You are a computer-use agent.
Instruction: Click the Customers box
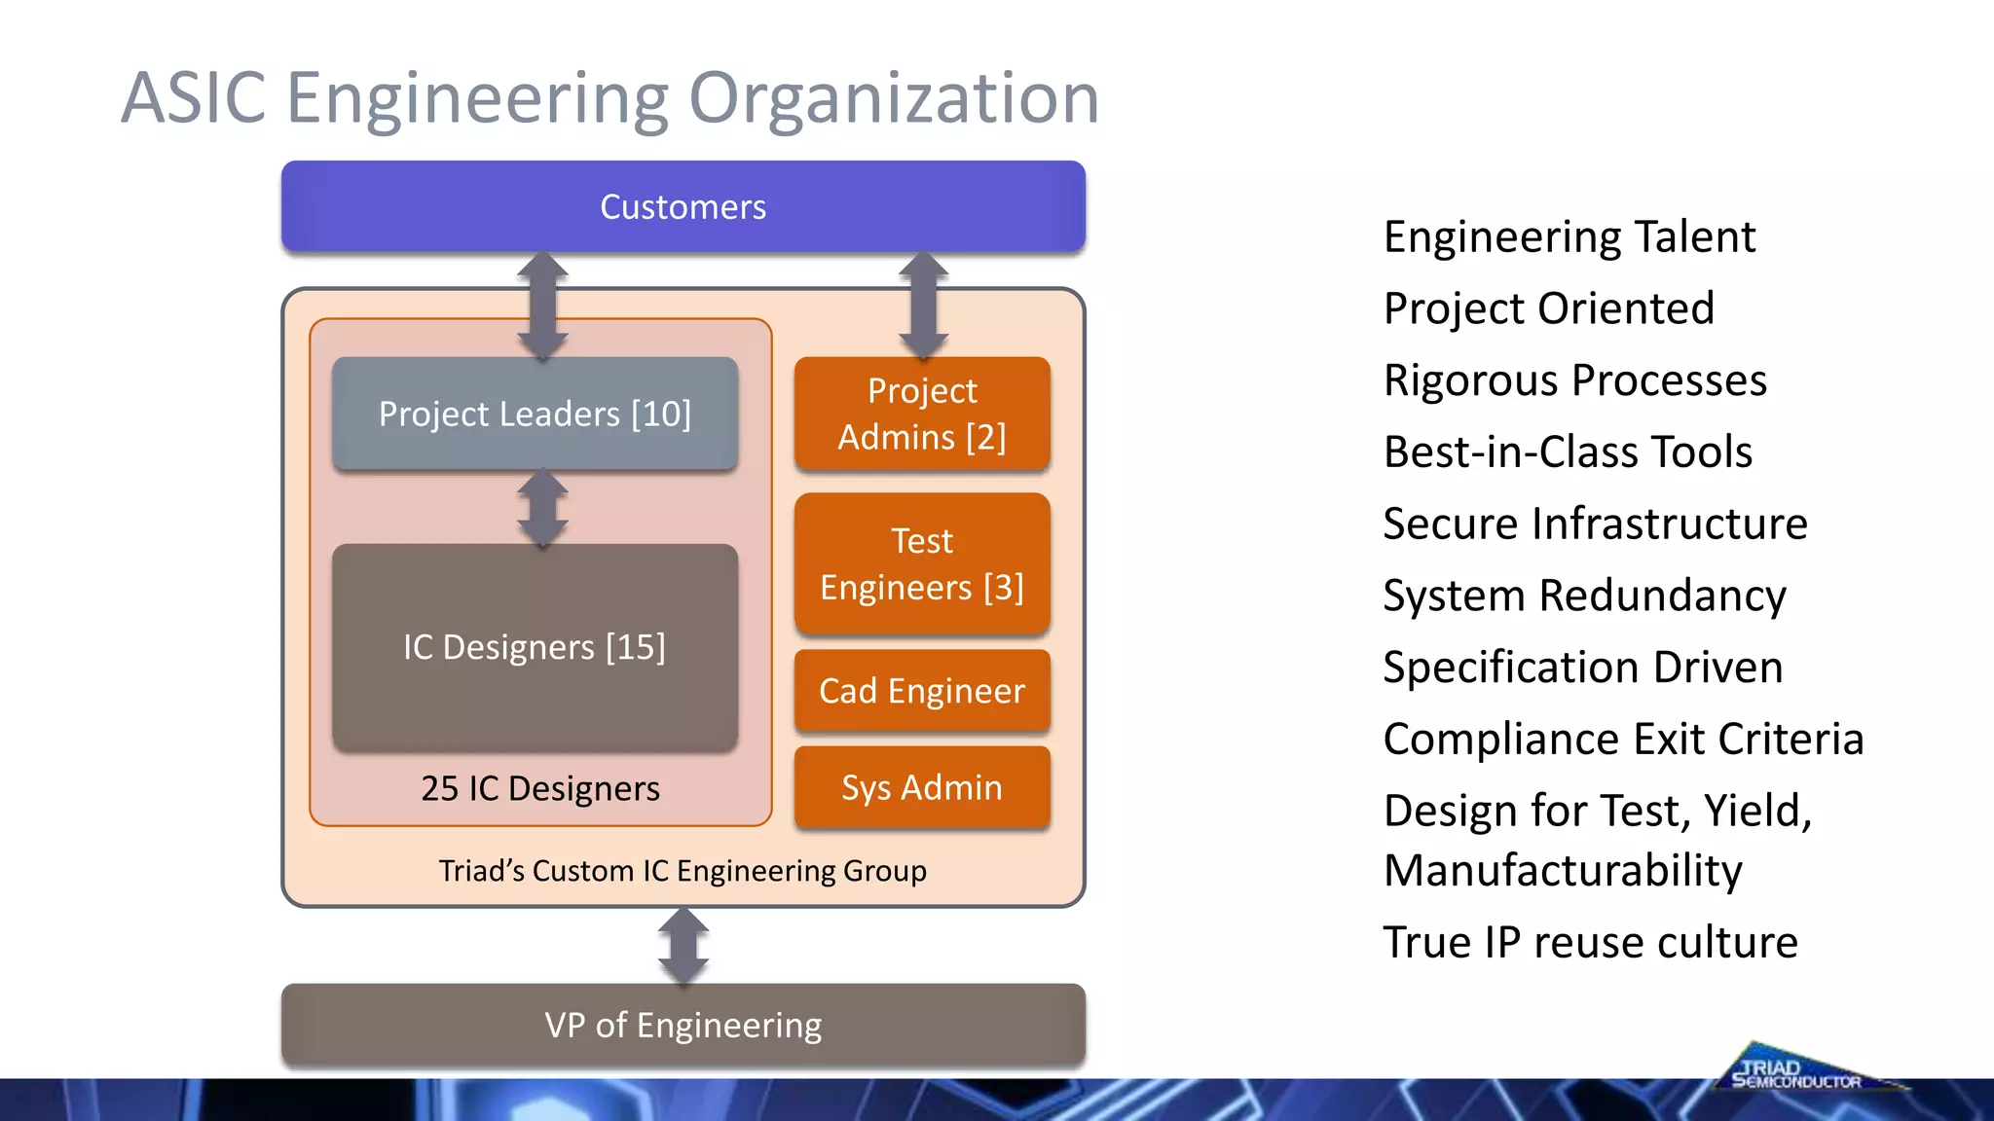(683, 207)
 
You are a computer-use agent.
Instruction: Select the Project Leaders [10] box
(535, 414)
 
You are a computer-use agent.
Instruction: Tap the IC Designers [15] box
(535, 647)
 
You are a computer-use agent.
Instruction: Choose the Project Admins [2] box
(922, 414)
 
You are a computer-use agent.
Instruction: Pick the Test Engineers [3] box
(922, 563)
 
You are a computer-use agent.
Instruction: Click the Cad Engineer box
(922, 691)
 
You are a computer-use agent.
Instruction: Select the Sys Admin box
(922, 787)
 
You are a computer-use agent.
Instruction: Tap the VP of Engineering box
(683, 1025)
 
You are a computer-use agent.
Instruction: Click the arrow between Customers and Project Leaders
(542, 306)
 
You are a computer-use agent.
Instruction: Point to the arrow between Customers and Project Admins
(923, 306)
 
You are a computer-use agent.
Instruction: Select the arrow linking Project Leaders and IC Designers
(542, 508)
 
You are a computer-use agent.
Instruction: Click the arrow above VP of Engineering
(683, 946)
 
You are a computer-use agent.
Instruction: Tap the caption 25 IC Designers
(540, 788)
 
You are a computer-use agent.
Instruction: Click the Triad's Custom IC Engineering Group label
(683, 870)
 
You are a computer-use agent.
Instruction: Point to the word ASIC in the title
(194, 98)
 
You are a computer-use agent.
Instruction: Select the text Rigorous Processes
(1574, 380)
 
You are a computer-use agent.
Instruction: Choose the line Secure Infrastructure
(1595, 524)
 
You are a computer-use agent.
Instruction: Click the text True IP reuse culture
(1590, 942)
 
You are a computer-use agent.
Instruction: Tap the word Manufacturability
(1563, 870)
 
